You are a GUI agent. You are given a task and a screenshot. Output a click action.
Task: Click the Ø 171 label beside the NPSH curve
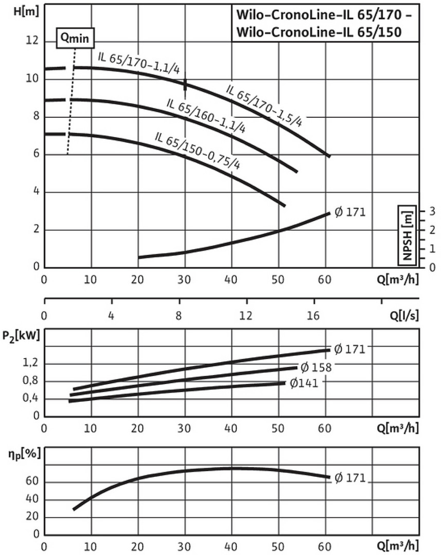pos(349,211)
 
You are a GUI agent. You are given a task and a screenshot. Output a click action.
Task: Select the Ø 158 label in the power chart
pos(315,367)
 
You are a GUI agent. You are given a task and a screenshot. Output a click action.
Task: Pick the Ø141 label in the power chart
pos(307,383)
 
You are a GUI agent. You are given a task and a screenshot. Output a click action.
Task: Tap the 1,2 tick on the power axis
pos(30,364)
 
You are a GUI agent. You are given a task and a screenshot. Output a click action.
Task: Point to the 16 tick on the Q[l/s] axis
pos(313,316)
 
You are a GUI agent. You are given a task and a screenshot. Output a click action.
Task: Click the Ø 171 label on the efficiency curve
pos(349,478)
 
